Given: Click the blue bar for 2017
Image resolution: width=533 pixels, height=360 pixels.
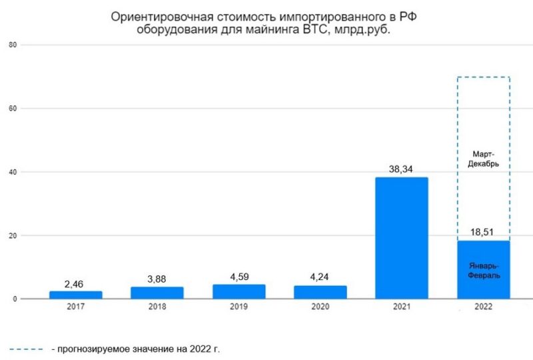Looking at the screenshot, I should pos(76,295).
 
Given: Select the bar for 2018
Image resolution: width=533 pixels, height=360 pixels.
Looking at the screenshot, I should pos(157,293).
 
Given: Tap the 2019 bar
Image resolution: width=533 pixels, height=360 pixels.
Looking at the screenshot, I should pos(239,291).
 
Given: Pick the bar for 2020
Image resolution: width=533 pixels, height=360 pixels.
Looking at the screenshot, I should pos(320,292).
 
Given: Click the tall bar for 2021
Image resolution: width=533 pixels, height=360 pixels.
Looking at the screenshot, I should pos(401,238).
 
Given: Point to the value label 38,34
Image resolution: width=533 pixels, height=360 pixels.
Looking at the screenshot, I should pos(401,169).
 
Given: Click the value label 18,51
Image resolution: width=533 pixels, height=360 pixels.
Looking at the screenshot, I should pos(483,233).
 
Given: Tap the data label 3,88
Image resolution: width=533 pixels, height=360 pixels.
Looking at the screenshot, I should pos(157,279).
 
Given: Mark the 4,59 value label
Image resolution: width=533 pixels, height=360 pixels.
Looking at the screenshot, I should pos(239,277).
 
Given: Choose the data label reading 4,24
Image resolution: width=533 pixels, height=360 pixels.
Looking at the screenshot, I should pos(320,278).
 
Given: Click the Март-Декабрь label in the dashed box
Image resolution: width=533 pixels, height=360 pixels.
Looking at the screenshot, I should pos(483,157).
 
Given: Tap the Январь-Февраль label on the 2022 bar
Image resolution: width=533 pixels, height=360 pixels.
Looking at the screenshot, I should pos(483,269).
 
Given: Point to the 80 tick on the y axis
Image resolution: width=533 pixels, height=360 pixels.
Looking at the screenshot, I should pos(12,45).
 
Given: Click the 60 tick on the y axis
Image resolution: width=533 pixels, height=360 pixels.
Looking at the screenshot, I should pos(12,108).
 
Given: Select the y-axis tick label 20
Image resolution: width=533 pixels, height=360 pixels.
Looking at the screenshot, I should pos(12,235).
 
